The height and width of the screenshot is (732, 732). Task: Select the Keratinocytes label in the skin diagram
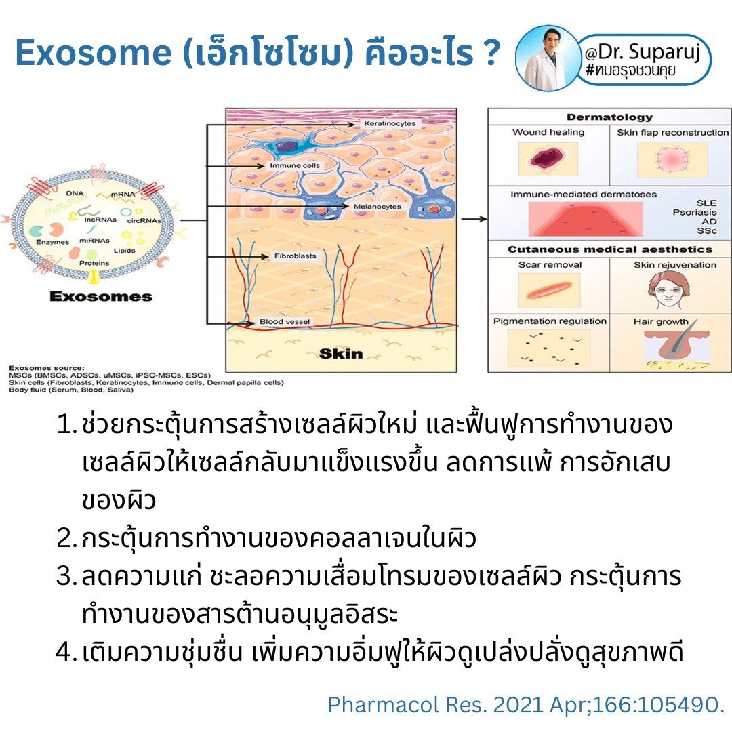pyautogui.click(x=390, y=124)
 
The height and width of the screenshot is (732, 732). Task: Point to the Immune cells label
pyautogui.click(x=294, y=165)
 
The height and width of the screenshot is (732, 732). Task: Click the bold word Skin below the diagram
pyautogui.click(x=340, y=353)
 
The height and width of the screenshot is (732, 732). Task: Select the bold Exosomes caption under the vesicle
pyautogui.click(x=100, y=296)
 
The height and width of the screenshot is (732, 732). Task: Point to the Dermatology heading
pyautogui.click(x=609, y=117)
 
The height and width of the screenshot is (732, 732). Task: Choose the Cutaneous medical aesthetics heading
pyautogui.click(x=610, y=249)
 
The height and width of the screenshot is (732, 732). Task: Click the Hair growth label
pyautogui.click(x=660, y=321)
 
